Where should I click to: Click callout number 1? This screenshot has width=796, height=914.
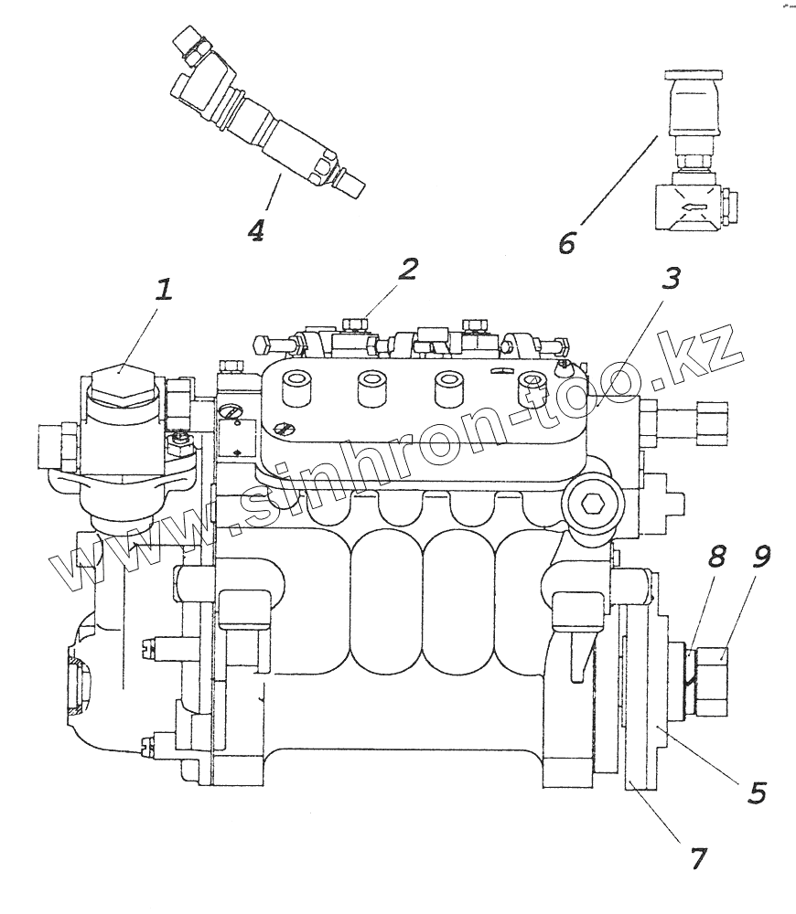164,290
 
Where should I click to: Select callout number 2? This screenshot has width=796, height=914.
408,269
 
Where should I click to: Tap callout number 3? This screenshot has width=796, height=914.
672,279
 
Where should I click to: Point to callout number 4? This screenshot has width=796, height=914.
255,229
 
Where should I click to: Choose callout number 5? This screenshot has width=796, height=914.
757,792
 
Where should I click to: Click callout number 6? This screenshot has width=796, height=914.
566,242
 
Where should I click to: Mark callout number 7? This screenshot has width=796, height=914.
698,858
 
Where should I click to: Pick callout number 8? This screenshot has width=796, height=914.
717,556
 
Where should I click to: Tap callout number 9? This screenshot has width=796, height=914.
760,556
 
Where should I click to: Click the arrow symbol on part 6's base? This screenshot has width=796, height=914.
693,207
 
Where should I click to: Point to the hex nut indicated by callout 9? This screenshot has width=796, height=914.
712,681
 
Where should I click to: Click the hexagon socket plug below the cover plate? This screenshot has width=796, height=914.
591,502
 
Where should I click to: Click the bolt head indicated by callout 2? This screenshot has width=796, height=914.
355,324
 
